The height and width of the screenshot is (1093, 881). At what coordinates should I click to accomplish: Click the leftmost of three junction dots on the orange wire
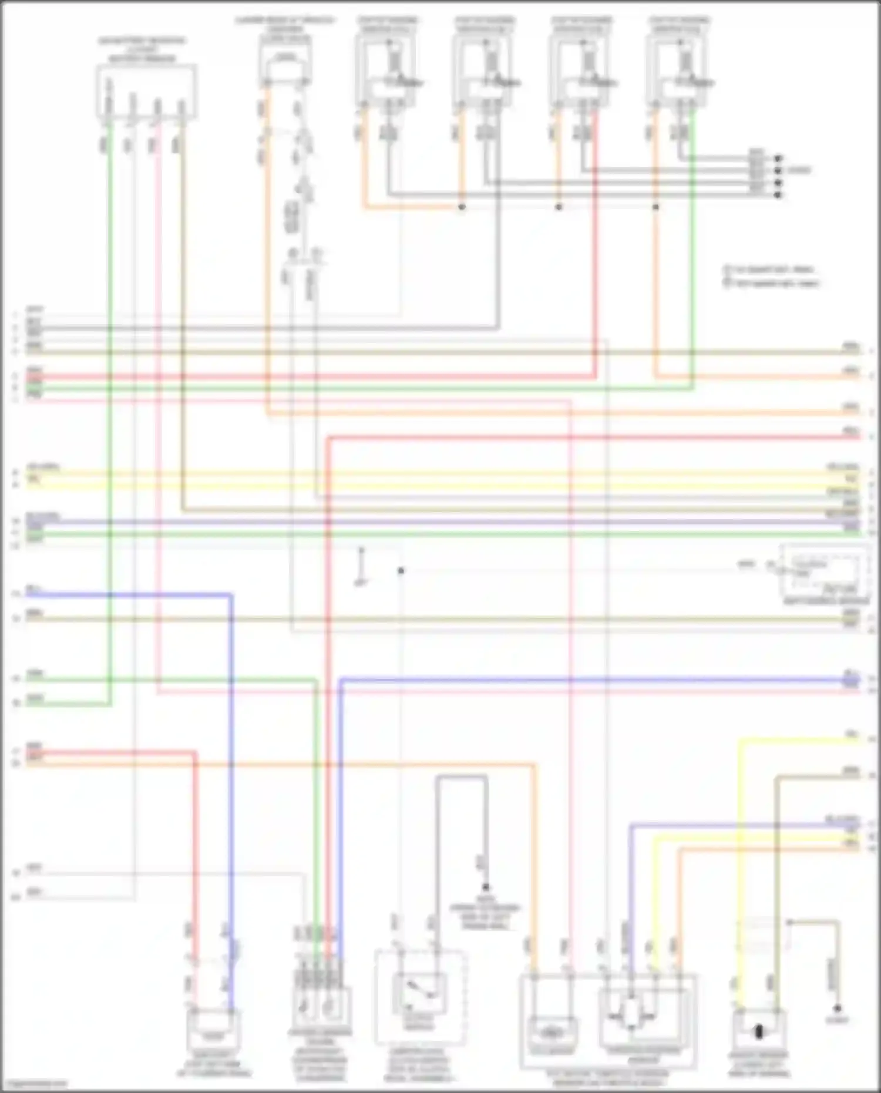point(462,207)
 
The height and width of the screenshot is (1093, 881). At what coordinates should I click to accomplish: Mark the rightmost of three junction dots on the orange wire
point(656,207)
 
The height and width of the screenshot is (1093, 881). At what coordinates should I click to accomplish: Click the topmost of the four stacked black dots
point(779,159)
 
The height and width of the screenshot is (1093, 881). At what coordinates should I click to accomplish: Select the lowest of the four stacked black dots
point(779,195)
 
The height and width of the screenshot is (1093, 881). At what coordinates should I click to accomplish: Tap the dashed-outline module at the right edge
point(825,572)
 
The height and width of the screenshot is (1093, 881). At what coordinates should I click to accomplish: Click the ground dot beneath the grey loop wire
point(486,887)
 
